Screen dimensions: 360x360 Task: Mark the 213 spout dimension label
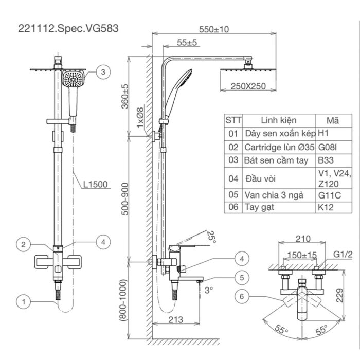pyautogui.click(x=175, y=320)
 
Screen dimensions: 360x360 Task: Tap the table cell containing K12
pyautogui.click(x=325, y=207)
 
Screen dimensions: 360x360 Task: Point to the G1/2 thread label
pyautogui.click(x=341, y=254)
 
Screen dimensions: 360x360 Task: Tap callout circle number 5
pyautogui.click(x=241, y=277)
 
